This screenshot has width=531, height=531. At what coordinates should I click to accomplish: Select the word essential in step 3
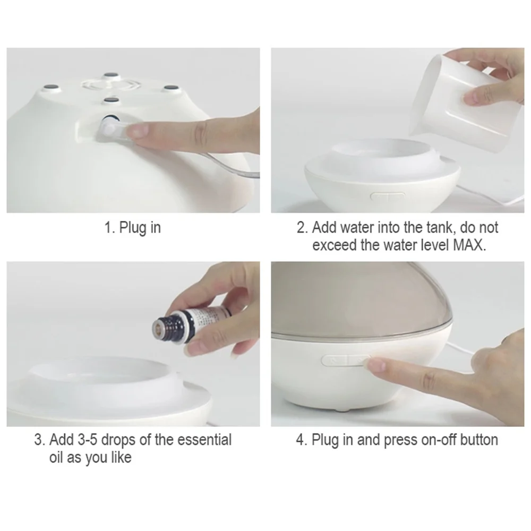coord(204,440)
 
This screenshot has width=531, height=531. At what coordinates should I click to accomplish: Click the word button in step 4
coord(479,440)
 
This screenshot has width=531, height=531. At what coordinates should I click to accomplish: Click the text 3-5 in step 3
coord(88,440)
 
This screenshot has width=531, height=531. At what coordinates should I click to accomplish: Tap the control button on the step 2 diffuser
coord(388,197)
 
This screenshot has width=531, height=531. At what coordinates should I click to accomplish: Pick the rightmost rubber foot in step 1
coord(170,88)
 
